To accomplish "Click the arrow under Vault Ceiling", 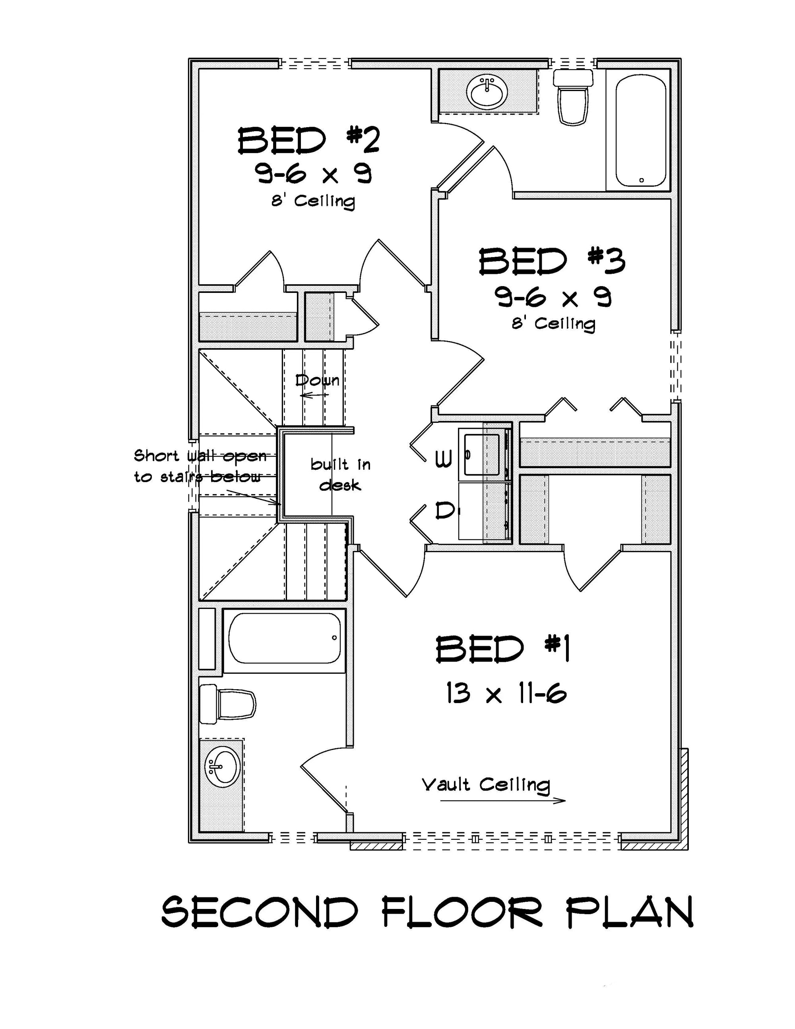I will pyautogui.click(x=502, y=800).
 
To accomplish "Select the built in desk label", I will pyautogui.click(x=340, y=475).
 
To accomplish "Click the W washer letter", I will pyautogui.click(x=443, y=458).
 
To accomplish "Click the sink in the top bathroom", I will pyautogui.click(x=487, y=92).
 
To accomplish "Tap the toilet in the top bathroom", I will pyautogui.click(x=572, y=97).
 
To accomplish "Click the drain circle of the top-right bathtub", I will pyautogui.click(x=642, y=180).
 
